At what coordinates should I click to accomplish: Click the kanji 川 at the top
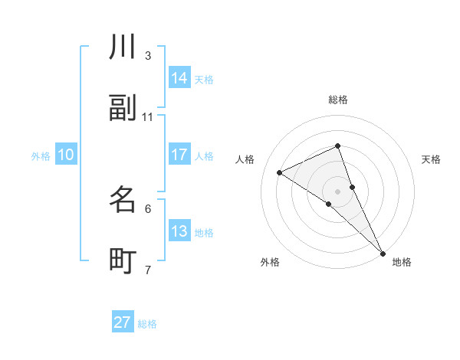point(123,47)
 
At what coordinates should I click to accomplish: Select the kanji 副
point(123,109)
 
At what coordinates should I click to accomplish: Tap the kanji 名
point(123,200)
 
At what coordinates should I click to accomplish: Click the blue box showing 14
point(179,78)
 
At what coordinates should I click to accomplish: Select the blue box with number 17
point(179,155)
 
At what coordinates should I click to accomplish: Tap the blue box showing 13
point(179,231)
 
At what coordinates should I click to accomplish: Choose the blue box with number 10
point(66,155)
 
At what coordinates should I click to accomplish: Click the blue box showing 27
point(123,322)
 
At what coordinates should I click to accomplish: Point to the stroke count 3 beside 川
point(148,56)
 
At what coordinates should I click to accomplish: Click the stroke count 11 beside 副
point(148,117)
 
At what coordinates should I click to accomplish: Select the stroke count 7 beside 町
point(148,270)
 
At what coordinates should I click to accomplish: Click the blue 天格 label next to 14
point(204,80)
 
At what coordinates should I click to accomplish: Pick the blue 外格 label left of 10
point(41,156)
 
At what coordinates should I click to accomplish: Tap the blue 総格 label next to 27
point(147,324)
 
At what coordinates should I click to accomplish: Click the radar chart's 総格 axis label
point(338,100)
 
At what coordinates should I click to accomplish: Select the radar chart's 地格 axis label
point(402,262)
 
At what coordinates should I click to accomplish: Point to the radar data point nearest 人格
point(280,172)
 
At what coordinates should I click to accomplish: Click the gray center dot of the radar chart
point(338,191)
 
